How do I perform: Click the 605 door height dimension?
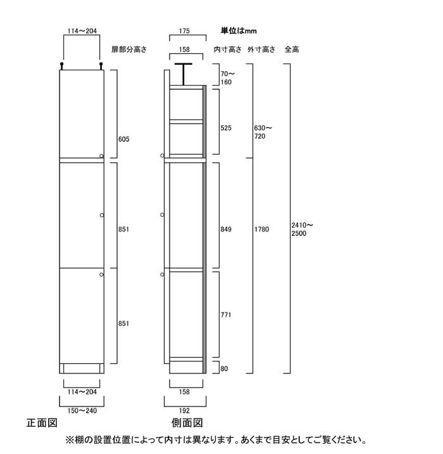click(x=123, y=139)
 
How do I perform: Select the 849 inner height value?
click(x=226, y=230)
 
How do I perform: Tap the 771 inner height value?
click(x=226, y=315)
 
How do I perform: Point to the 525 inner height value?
click(x=226, y=128)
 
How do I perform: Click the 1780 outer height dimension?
click(x=261, y=230)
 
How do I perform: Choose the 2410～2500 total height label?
click(x=303, y=230)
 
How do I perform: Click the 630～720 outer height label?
click(x=263, y=132)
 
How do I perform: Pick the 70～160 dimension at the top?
click(x=228, y=78)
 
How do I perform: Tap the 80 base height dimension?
click(x=224, y=369)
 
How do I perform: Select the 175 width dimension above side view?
click(x=184, y=31)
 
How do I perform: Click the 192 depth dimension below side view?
click(x=184, y=411)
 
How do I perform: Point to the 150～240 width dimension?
click(x=82, y=411)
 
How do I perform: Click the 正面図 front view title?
click(x=42, y=423)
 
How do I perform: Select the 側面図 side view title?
click(x=187, y=423)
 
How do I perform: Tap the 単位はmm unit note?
click(x=239, y=30)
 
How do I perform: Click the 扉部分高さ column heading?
click(x=129, y=49)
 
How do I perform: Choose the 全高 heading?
click(x=292, y=49)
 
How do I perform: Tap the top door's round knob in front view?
click(x=101, y=156)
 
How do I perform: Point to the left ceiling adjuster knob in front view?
click(x=61, y=66)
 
